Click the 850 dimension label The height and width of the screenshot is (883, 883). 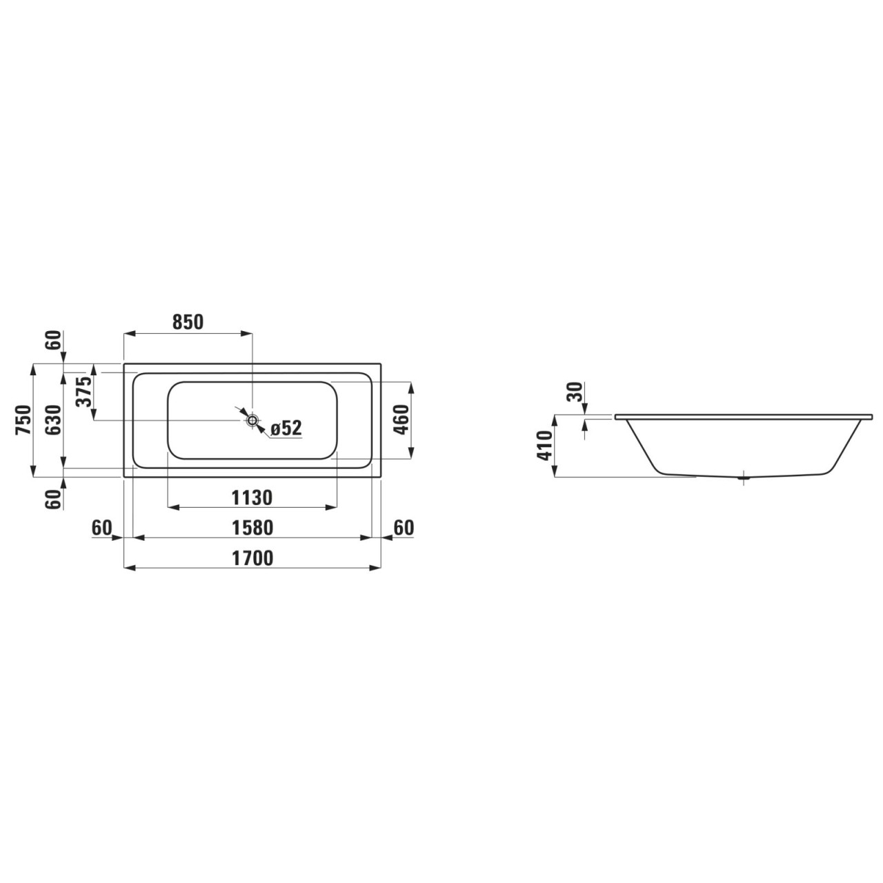[x=188, y=322]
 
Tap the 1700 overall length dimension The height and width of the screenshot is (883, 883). [x=252, y=557]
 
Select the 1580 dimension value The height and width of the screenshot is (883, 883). [x=252, y=528]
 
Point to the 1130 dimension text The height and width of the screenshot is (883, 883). [x=252, y=497]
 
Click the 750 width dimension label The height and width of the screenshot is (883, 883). [x=23, y=420]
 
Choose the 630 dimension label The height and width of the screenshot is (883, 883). [x=53, y=420]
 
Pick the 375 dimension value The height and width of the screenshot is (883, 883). [x=84, y=393]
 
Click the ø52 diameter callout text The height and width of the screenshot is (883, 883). [x=286, y=428]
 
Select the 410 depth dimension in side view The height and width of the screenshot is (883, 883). [x=544, y=446]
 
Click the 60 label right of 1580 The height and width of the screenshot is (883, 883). [x=404, y=528]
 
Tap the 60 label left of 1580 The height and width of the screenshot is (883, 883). [x=101, y=528]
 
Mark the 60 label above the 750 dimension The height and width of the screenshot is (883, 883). [x=54, y=340]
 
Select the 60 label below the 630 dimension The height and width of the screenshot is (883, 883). [x=54, y=499]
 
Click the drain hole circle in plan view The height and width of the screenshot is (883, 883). [x=252, y=420]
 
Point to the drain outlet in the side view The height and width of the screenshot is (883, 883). [x=744, y=476]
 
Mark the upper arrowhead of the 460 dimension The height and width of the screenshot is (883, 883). [x=412, y=386]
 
